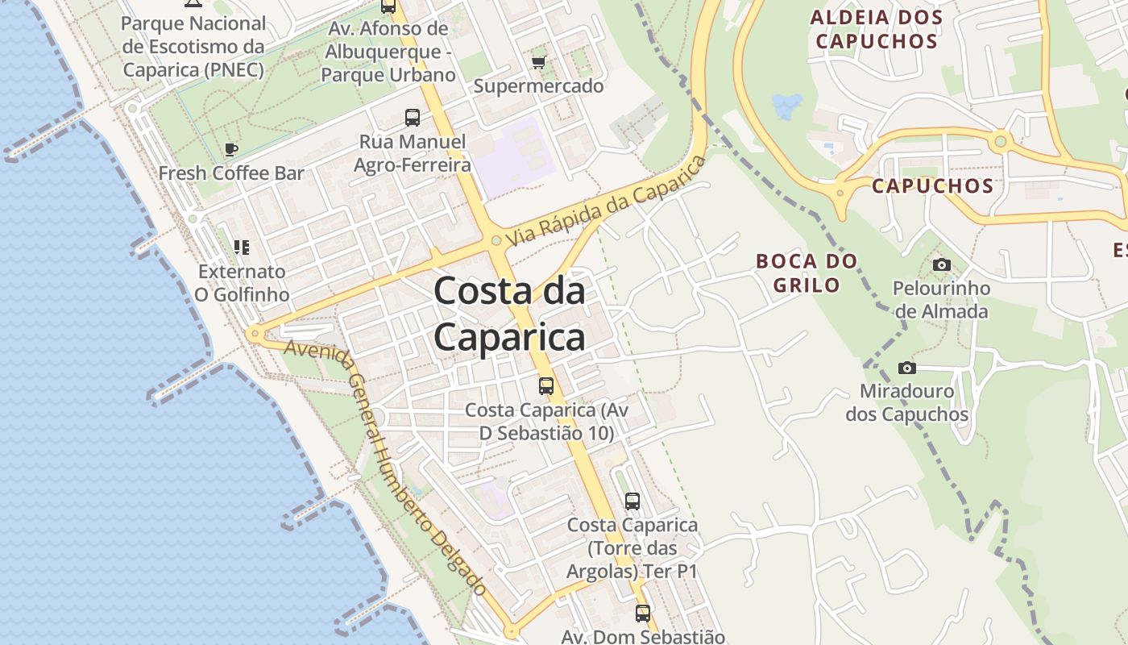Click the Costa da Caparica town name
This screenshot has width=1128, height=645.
tap(509, 314)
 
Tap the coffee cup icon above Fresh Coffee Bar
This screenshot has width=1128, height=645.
tap(231, 149)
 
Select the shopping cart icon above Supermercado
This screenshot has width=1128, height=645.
tap(538, 62)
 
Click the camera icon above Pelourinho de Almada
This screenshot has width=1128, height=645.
tap(940, 264)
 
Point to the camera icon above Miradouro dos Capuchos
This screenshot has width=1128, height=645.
tap(906, 368)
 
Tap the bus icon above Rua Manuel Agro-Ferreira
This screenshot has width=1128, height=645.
tap(413, 118)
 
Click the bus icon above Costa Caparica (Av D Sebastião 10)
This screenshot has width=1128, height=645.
tap(546, 386)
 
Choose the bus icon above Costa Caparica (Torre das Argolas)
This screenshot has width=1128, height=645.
tap(632, 501)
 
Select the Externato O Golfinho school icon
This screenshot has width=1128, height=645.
tap(242, 247)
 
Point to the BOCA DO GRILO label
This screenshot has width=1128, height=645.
tap(807, 273)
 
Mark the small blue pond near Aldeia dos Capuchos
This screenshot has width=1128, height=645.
tap(787, 105)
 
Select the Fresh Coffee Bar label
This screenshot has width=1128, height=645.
tap(231, 173)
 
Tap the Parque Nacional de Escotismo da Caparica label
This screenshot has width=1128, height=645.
tap(193, 47)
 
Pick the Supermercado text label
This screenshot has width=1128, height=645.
tap(538, 86)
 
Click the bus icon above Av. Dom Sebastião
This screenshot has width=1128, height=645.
tap(642, 614)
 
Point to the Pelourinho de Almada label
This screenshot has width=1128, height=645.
tap(941, 300)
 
